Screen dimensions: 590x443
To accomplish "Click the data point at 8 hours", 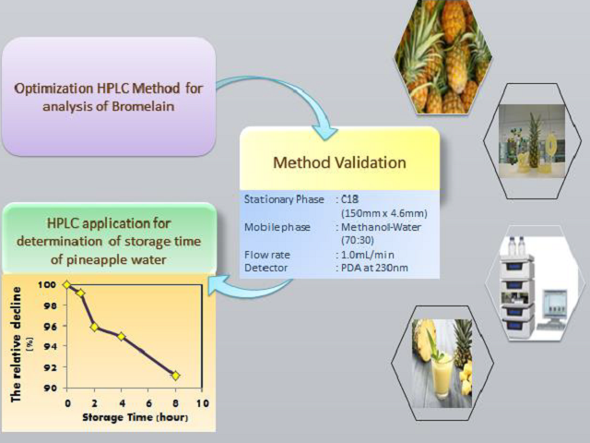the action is coord(175,376).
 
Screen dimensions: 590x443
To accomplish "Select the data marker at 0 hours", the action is coord(67,285).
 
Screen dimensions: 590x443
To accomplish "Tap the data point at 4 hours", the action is coord(121,336).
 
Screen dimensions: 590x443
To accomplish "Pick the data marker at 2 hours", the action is coord(94,327).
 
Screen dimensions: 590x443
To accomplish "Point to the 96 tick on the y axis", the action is coord(51,326).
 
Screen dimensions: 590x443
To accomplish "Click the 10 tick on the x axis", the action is coord(203,403).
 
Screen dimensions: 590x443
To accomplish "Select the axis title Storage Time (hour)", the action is coord(136,417).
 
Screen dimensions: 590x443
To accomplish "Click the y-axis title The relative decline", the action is coord(17,344).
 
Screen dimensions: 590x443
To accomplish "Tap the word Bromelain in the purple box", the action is coord(143,107).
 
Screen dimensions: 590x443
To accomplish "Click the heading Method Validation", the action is coord(339,162).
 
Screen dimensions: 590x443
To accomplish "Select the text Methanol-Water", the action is coord(381,227).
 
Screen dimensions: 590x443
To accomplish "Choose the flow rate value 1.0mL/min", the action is coord(367,255).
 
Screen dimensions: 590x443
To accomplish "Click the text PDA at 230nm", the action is coord(374,269).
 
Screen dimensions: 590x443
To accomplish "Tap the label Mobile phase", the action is coord(277,228).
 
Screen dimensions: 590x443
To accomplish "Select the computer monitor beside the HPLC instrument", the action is coord(555,305).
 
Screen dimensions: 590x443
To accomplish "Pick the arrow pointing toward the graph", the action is coord(250,287).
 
